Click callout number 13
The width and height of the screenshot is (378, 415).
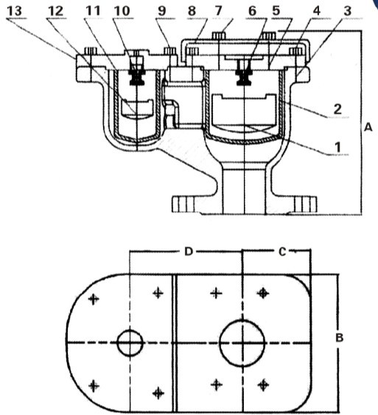(14, 11)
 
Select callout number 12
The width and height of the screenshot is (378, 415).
(56, 11)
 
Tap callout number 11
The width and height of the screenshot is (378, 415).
(93, 11)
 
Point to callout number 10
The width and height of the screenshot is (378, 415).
(122, 11)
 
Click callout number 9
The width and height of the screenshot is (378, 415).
(162, 11)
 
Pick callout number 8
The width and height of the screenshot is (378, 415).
(192, 11)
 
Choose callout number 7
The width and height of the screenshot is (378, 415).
(218, 11)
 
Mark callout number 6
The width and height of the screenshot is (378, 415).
(252, 11)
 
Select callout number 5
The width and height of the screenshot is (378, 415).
(276, 11)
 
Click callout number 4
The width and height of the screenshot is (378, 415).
(316, 11)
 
